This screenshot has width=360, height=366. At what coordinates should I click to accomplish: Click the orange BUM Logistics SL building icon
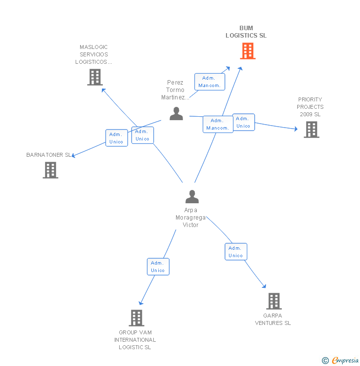[248, 51]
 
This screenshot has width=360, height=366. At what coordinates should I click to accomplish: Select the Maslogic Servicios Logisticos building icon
[95, 77]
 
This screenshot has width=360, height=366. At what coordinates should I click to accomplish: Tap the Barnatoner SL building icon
[50, 170]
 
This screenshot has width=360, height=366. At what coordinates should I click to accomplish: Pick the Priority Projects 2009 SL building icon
[312, 130]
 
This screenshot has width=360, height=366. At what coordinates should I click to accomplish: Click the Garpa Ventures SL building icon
[274, 301]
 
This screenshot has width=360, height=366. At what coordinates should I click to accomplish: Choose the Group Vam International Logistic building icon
[136, 318]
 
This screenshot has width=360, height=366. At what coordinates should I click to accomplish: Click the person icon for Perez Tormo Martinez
[176, 114]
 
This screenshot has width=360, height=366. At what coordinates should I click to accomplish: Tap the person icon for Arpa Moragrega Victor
[192, 196]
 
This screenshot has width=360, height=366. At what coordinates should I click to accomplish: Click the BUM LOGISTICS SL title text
[246, 32]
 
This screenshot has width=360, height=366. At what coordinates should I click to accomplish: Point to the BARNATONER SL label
[49, 155]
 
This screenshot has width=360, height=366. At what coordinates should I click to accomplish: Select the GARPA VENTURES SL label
[273, 320]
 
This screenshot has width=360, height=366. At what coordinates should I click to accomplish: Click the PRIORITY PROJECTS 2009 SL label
[310, 107]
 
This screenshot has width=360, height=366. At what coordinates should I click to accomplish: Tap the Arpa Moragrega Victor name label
[190, 218]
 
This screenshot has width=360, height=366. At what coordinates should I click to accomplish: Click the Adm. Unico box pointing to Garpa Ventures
[236, 252]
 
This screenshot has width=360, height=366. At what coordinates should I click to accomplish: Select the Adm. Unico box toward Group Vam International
[158, 267]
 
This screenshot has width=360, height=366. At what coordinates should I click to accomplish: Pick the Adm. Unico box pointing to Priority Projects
[244, 122]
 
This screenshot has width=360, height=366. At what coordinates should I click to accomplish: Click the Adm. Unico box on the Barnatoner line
[116, 138]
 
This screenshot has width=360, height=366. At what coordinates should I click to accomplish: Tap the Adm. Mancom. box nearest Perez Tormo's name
[210, 82]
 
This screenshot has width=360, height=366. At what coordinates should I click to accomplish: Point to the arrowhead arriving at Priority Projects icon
[296, 129]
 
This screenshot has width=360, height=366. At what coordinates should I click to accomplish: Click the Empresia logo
[340, 360]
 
